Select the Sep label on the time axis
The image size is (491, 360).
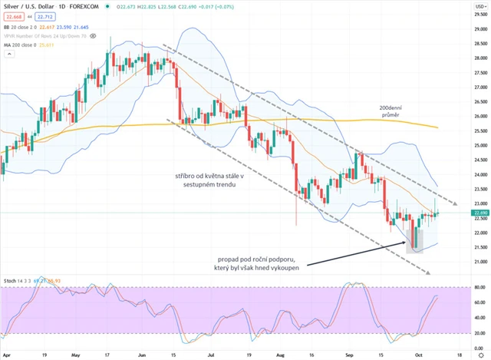(349, 355)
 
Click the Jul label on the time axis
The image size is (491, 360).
(209, 355)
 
